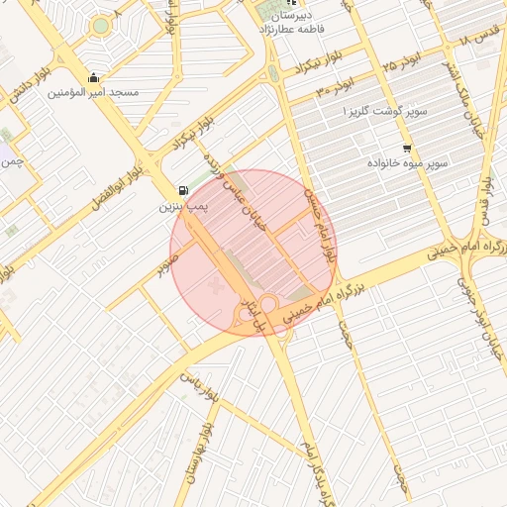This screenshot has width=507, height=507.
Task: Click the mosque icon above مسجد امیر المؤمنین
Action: pyautogui.click(x=94, y=77)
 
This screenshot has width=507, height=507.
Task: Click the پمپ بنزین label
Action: pyautogui.click(x=184, y=208)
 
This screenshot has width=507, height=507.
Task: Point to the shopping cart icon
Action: pyautogui.click(x=407, y=148)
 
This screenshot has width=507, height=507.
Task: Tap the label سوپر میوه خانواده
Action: pyautogui.click(x=407, y=161)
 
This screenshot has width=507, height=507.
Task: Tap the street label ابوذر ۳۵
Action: pyautogui.click(x=402, y=62)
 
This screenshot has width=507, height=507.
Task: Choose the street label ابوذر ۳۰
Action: pyautogui.click(x=336, y=89)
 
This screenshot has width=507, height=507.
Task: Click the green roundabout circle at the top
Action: pyautogui.click(x=100, y=26)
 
